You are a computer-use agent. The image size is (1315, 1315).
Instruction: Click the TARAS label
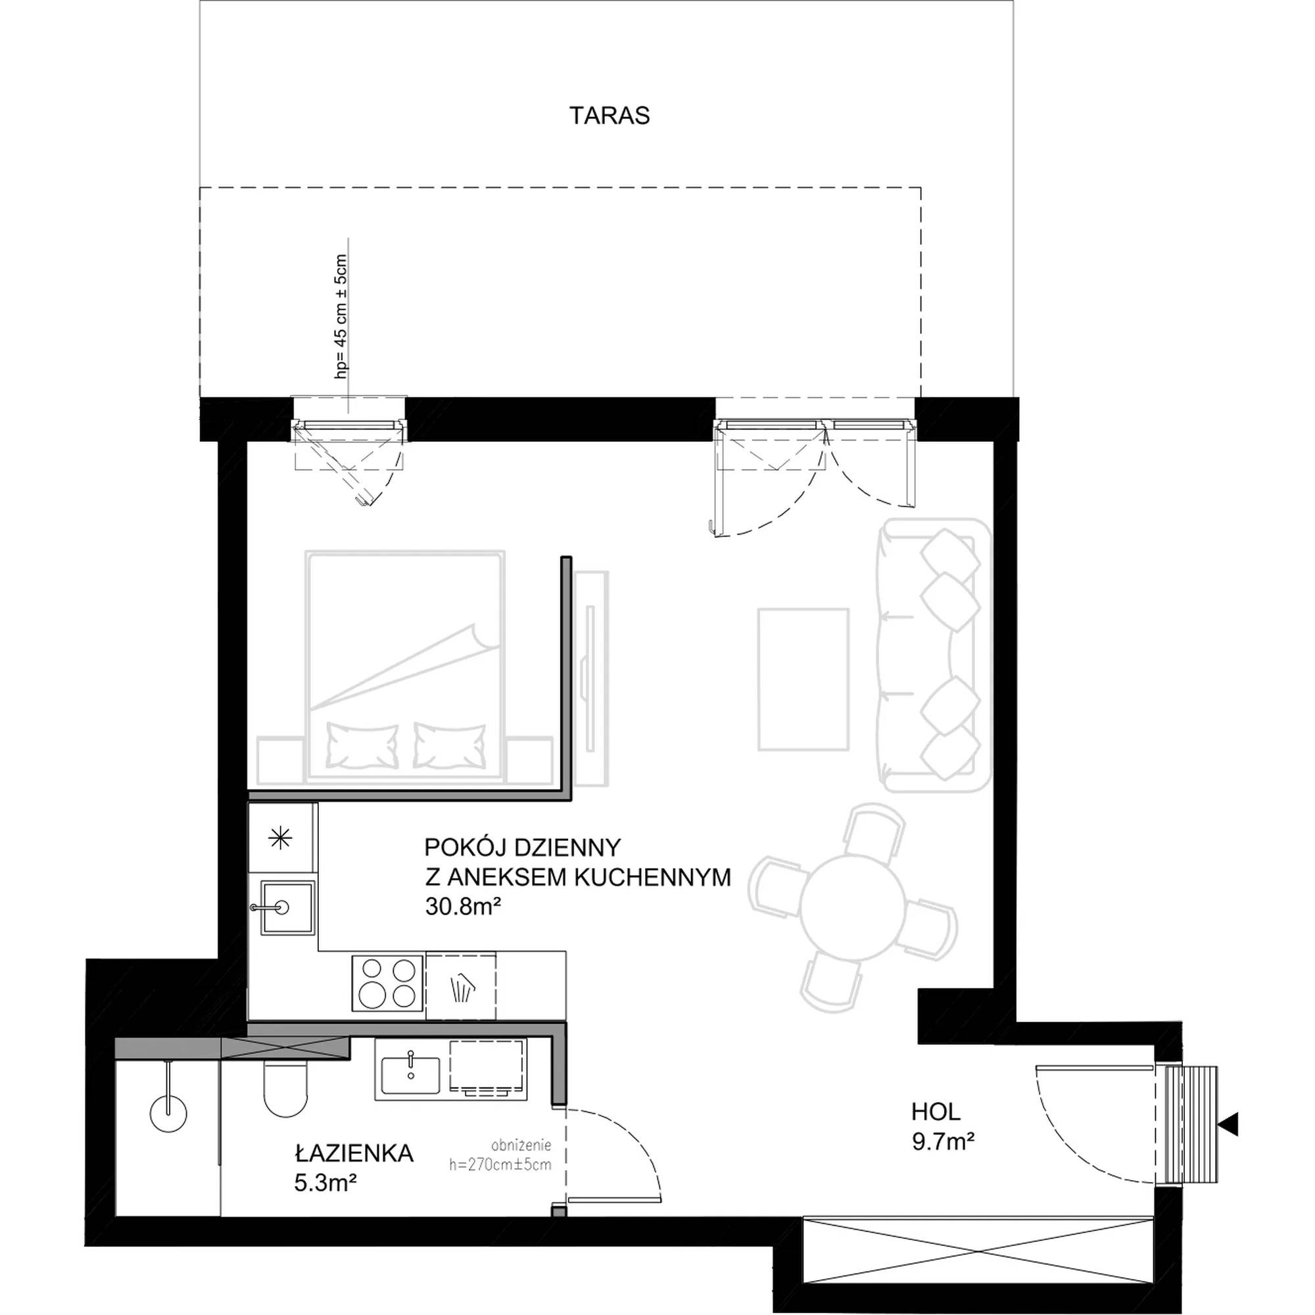(610, 116)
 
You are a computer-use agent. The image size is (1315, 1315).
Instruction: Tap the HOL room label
(936, 1112)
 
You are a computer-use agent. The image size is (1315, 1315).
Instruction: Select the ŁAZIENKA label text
(354, 1153)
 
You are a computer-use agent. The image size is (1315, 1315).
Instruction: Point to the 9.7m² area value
(943, 1141)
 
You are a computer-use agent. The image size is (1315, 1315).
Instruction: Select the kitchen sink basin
(282, 907)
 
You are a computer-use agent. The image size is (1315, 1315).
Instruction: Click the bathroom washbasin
(410, 1076)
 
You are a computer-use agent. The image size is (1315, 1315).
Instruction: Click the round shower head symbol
(168, 1114)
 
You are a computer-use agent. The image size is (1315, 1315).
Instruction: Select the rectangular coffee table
(803, 679)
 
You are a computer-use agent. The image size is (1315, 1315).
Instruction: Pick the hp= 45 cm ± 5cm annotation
(341, 316)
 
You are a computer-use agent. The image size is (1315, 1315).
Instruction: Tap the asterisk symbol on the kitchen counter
(281, 838)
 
